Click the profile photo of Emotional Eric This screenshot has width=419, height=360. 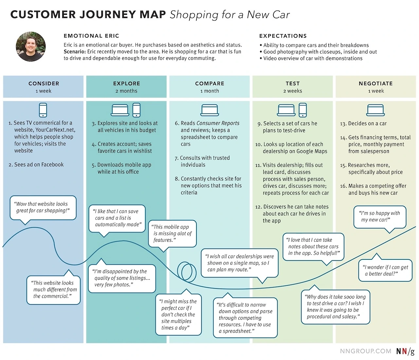31,47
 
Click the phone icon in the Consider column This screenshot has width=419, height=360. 43,110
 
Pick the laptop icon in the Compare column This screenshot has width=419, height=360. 209,110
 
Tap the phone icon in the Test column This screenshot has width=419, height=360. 303,110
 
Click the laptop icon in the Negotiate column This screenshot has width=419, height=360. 375,110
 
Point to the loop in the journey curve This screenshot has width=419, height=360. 187,271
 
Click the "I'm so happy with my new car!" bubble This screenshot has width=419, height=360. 379,216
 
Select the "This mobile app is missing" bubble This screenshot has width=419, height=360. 173,233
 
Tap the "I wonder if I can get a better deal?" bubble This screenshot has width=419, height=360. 385,270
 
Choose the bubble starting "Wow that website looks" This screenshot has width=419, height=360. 43,207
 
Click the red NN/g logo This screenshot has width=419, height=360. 405,351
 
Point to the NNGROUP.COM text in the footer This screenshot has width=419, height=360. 365,351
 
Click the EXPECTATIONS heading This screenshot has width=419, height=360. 283,36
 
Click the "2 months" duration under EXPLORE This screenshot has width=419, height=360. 126,91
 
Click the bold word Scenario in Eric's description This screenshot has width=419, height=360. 75,52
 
